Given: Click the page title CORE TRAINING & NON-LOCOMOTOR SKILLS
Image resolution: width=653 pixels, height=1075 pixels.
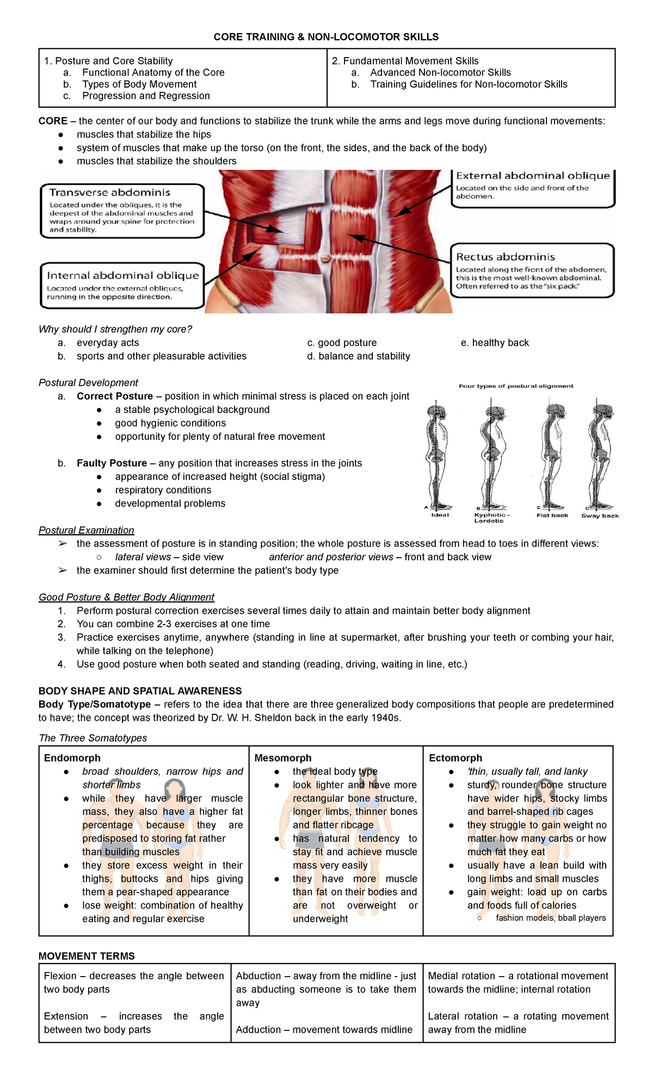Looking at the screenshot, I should point(325,37).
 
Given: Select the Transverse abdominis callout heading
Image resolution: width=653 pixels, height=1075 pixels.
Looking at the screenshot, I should point(109,193).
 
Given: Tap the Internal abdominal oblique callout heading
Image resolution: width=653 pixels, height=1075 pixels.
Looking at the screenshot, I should point(122,276).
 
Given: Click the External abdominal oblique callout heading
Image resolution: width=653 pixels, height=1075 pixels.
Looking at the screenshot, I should point(532,176).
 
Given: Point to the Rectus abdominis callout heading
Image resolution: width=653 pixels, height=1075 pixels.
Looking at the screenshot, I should point(505,257).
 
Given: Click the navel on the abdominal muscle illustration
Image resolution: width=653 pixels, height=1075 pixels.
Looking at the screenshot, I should point(325,257).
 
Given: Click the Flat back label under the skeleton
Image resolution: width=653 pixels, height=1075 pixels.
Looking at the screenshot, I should point(552,515).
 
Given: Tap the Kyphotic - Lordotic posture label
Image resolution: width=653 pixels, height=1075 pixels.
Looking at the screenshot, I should point(491,517).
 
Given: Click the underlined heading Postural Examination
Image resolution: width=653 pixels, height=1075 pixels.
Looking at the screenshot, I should point(86,530).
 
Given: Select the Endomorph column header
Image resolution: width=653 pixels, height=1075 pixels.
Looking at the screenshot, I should point(72,758).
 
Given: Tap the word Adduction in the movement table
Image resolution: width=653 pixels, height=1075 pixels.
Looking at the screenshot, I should point(258,1029).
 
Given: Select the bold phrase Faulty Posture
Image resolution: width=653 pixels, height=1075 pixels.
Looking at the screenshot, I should point(112,463).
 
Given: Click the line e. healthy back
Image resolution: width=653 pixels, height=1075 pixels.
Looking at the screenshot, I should point(494,343).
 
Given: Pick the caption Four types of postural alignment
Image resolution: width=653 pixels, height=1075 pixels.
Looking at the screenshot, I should point(515,386).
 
